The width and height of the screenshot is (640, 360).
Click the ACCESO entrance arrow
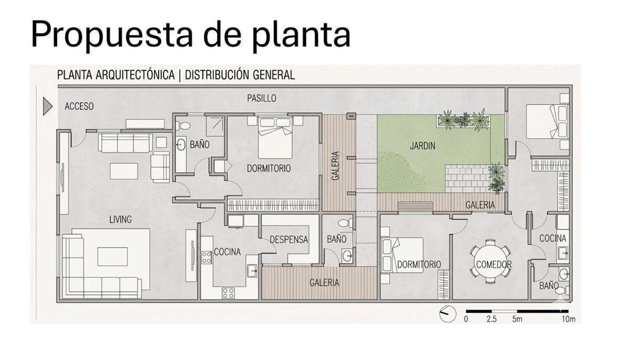(x=47, y=106)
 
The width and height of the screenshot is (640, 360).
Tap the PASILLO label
(x=261, y=98)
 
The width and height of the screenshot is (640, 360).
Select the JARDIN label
(x=422, y=146)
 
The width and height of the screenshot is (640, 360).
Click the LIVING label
(x=121, y=219)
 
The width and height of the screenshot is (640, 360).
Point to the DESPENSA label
(x=289, y=239)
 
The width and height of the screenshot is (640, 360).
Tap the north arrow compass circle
(x=447, y=314)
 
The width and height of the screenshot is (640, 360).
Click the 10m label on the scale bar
(x=569, y=319)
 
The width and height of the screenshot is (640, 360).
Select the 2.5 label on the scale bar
(x=491, y=319)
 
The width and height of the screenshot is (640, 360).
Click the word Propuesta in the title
(x=111, y=34)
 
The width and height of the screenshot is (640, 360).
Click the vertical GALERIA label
(x=335, y=166)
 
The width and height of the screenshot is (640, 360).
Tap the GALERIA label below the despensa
(x=324, y=283)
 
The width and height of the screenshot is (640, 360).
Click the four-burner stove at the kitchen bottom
(x=229, y=293)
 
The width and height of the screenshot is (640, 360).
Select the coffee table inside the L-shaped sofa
(x=113, y=257)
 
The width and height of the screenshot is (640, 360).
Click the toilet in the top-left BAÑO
(x=183, y=126)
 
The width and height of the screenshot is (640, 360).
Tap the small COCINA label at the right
(x=553, y=238)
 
